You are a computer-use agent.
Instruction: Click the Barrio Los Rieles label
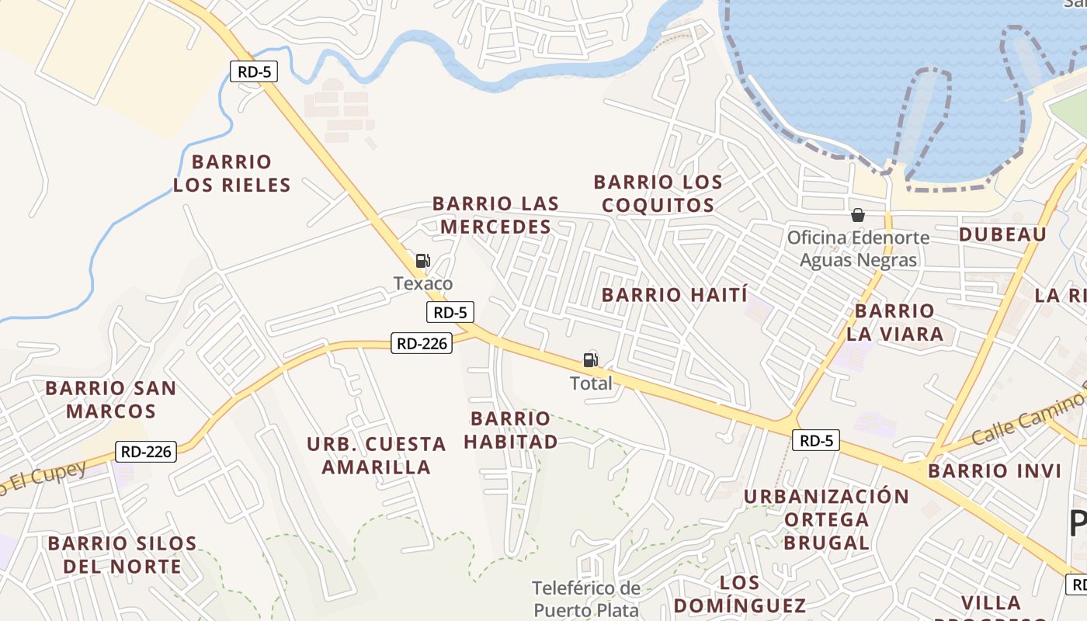231,173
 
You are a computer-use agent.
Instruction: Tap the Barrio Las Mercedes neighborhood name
495,215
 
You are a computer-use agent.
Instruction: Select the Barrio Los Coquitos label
658,193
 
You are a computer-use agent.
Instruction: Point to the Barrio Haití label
675,295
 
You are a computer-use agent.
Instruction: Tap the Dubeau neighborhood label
1002,234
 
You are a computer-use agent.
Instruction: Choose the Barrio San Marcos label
110,399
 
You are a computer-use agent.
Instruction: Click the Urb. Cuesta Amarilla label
377,456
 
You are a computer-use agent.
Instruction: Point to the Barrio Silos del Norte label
123,554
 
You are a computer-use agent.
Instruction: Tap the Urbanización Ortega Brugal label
826,519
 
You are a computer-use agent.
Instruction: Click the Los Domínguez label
740,594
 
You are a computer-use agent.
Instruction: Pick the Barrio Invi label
995,471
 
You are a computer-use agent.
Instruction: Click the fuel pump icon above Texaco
422,261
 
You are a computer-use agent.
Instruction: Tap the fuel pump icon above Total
591,360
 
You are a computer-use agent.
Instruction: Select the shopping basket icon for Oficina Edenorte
858,215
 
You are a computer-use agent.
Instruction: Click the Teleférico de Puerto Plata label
586,598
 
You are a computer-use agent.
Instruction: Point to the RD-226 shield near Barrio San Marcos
146,451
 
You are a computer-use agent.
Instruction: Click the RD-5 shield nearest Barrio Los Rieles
253,72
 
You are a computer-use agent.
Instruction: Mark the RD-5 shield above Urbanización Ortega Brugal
817,441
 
